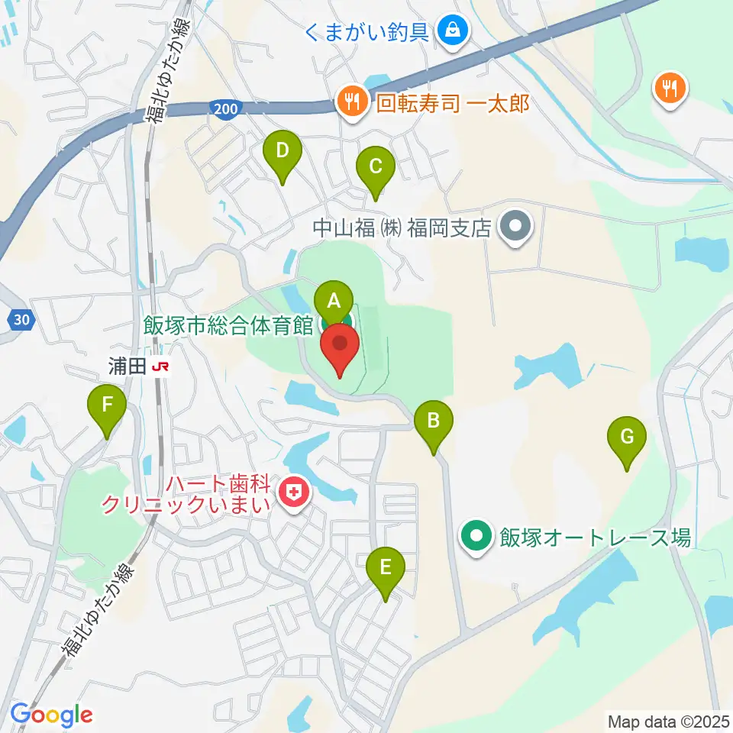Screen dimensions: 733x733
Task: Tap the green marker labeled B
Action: (434, 421)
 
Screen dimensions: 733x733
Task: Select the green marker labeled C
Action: (375, 166)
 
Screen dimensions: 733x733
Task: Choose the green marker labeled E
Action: (385, 568)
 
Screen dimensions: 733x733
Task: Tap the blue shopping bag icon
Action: (453, 31)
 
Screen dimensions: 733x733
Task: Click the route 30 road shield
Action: (23, 322)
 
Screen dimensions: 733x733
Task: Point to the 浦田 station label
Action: (126, 367)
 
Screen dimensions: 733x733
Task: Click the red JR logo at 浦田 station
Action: (160, 367)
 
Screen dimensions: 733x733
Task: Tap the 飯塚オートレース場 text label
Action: (594, 538)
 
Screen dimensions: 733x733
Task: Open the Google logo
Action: (51, 715)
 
